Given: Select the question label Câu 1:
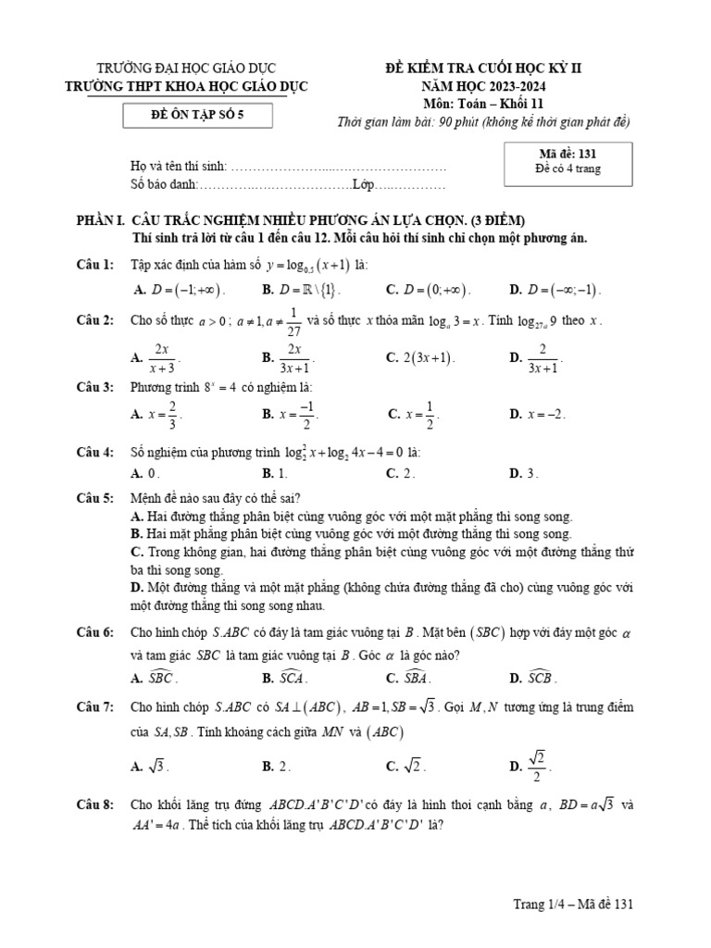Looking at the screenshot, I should [94, 265].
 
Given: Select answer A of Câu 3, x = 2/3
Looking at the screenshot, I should [157, 415].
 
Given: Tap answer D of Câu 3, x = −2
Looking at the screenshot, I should [538, 415].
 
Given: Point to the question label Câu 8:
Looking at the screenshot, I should [94, 805].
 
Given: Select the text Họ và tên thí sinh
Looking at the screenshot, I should [179, 168].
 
